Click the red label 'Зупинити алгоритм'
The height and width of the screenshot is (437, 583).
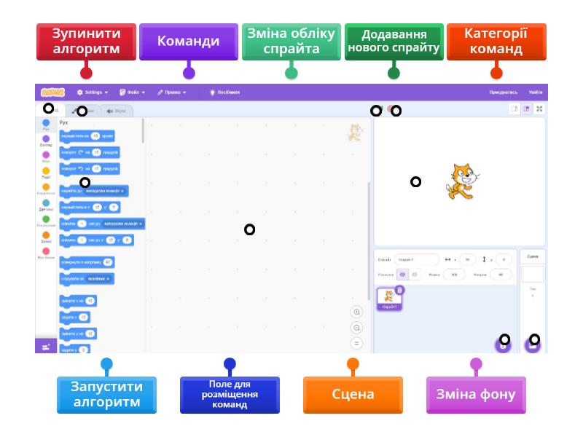[86, 42]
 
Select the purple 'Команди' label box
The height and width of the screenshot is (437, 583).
[188, 42]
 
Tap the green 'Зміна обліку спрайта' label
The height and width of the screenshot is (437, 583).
[291, 42]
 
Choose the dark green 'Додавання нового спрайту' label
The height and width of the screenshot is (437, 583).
[394, 42]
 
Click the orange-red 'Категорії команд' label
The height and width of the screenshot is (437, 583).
[496, 42]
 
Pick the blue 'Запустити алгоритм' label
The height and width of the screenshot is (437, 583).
[106, 394]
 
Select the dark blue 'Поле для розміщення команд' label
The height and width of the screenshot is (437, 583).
[230, 394]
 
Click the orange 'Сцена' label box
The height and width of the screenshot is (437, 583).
[353, 394]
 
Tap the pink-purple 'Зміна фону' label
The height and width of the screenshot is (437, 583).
[476, 394]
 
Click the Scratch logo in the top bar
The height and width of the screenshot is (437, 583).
[52, 92]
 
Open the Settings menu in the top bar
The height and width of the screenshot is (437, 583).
[93, 92]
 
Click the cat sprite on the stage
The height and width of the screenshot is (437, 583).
[461, 181]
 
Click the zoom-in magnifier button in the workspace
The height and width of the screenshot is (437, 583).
[356, 312]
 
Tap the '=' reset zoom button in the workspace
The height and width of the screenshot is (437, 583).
[356, 343]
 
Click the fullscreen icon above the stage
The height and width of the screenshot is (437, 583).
[539, 109]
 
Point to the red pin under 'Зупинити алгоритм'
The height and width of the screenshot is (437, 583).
[86, 72]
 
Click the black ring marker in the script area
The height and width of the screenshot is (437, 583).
[249, 229]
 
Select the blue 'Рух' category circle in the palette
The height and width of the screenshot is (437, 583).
[46, 123]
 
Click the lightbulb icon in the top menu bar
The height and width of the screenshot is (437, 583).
[212, 92]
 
